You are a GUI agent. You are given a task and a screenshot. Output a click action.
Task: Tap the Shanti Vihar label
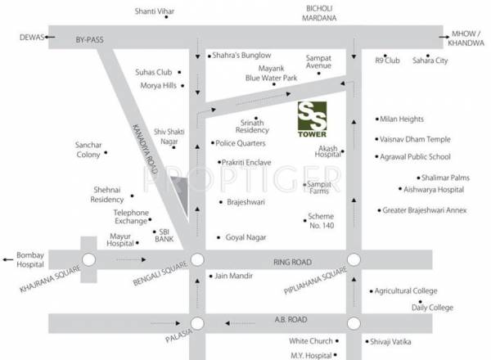159,11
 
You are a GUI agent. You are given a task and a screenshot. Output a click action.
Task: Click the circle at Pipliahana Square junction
354,260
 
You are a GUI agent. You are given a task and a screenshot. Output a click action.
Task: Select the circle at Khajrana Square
89,260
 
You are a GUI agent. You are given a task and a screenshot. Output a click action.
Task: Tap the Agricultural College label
408,290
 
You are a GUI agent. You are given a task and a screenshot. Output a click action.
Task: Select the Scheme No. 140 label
321,220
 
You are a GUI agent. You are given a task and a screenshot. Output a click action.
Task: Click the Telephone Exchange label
131,217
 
